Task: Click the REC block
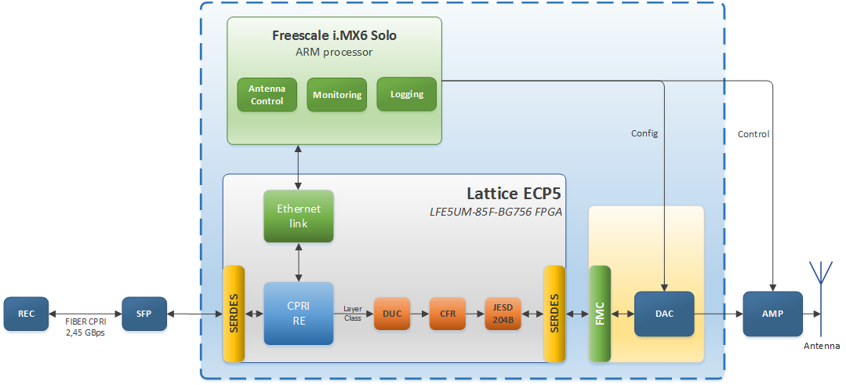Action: coord(26,314)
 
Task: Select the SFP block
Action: coord(144,314)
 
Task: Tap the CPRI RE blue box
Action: coord(299,314)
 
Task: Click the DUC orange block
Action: coord(392,314)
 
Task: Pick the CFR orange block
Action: coord(447,314)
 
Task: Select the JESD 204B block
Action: coord(503,314)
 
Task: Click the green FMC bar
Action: coord(600,314)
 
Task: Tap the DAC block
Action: coord(663,314)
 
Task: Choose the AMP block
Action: coord(772,314)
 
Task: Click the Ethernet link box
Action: coord(299,216)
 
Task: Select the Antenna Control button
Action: coord(267,94)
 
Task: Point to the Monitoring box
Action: coord(337,94)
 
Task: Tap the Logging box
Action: coord(406,94)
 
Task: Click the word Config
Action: coord(644,133)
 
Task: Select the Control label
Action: coord(753,134)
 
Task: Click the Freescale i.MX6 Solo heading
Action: coord(334,36)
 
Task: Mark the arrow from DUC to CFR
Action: coord(419,314)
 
